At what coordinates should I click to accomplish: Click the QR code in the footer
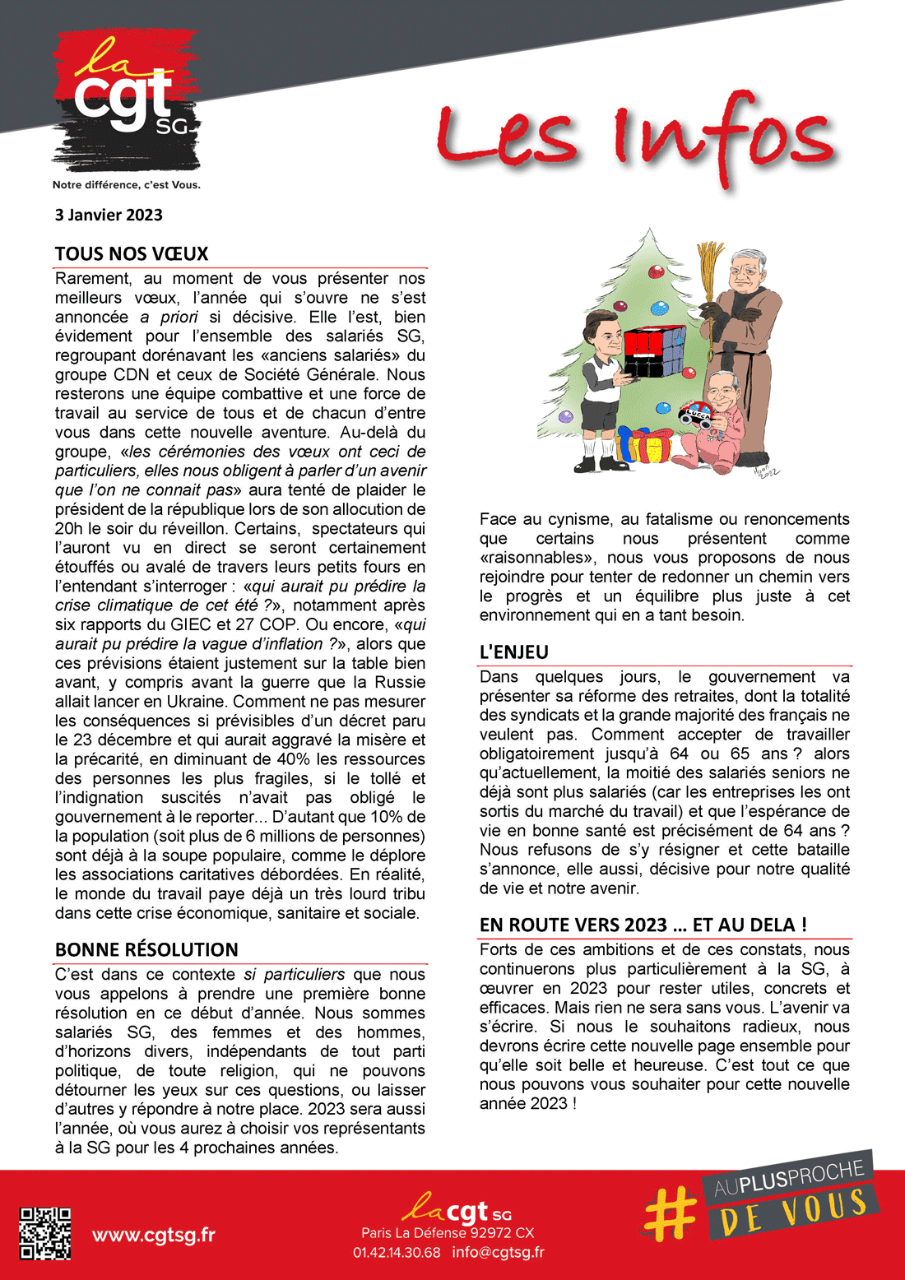tap(44, 1233)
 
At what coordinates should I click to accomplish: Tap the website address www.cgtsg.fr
tap(154, 1235)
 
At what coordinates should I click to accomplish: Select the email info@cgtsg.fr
tap(498, 1253)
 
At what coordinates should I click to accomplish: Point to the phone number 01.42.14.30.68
tap(397, 1253)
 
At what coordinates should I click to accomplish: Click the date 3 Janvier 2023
tap(109, 216)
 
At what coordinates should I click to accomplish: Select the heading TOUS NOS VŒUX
tap(132, 253)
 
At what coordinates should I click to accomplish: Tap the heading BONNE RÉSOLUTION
tap(146, 949)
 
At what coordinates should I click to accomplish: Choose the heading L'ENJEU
tap(513, 652)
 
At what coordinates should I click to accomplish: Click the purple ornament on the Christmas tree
tap(565, 416)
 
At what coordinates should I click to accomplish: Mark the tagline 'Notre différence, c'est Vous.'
tap(127, 185)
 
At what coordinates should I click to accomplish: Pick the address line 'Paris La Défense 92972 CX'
tap(448, 1233)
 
